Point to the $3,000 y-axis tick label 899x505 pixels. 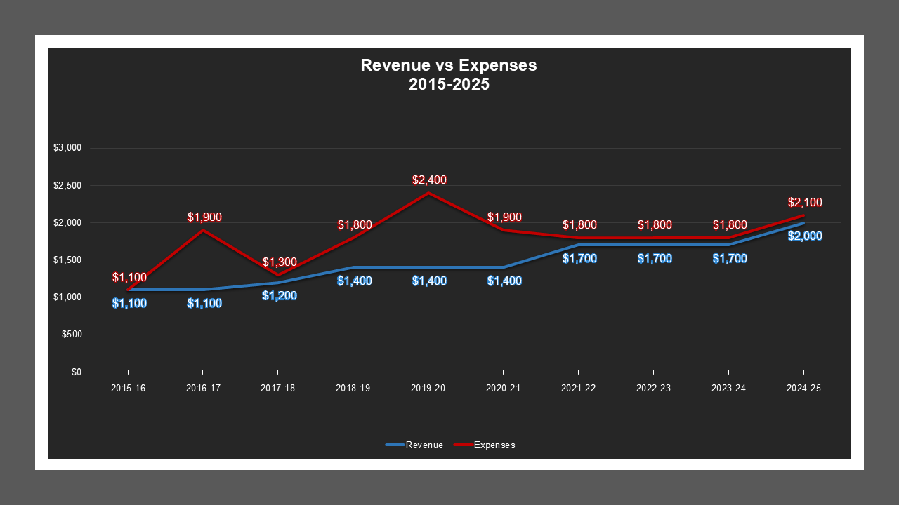click(68, 148)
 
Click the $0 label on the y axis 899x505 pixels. click(76, 372)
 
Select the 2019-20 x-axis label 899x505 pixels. click(428, 388)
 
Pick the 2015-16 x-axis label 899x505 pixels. click(129, 388)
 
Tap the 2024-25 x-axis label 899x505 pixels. click(803, 388)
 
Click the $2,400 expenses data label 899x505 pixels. click(429, 180)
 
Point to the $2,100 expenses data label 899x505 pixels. click(805, 203)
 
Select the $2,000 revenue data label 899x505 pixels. click(805, 236)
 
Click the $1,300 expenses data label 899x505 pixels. click(280, 262)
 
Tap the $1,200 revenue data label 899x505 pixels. click(280, 296)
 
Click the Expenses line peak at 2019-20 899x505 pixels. click(428, 193)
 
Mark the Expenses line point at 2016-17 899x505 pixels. click(203, 230)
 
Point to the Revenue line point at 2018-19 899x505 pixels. click(353, 267)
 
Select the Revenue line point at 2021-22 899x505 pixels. click(578, 245)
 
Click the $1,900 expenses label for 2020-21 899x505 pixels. click(504, 217)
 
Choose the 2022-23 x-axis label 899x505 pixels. click(653, 388)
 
